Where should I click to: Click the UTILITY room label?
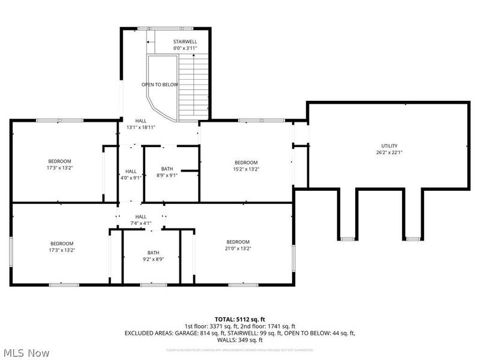[389, 146]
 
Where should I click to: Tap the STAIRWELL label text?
[185, 41]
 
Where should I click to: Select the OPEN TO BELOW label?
[160, 85]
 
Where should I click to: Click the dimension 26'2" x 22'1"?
[389, 152]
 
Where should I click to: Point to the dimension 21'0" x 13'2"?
[238, 248]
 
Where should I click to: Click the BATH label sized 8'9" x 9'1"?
[167, 169]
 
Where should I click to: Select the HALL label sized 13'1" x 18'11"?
[141, 120]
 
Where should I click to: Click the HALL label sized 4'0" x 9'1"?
[131, 171]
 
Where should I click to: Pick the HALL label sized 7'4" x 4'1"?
[141, 217]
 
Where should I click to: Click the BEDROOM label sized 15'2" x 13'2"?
[246, 163]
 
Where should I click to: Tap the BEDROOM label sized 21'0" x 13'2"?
[238, 242]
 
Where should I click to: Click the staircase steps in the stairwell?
[193, 87]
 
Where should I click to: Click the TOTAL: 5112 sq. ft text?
[240, 319]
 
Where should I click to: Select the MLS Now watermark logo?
[25, 353]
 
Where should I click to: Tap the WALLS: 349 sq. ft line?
[240, 339]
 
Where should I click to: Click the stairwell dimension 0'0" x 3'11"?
[185, 48]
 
